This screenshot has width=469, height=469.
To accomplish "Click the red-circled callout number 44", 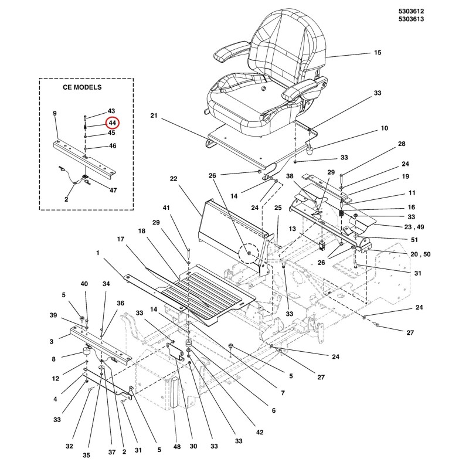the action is [112, 123].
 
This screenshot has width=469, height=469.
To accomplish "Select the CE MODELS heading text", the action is [82, 87].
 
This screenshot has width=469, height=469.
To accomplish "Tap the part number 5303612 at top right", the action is [411, 11].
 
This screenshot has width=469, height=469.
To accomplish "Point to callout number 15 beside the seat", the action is [378, 53].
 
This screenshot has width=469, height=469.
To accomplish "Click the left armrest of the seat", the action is [230, 51].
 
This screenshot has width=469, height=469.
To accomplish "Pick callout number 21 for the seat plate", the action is [154, 115].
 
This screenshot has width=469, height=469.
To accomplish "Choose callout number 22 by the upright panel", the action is [174, 179].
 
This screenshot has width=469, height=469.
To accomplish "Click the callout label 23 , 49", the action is [414, 227].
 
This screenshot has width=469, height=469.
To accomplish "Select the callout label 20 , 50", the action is [420, 254].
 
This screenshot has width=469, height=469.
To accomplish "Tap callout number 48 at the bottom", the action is [177, 447].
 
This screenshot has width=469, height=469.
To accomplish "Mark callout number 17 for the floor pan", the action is [121, 239].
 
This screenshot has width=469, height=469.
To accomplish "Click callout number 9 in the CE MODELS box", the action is [55, 113].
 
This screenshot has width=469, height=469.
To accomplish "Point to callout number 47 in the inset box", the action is [113, 190].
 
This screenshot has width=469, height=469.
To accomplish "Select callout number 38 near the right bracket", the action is [290, 176].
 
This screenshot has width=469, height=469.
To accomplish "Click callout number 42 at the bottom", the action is [260, 432].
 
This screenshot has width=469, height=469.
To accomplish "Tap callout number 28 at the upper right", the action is [402, 144].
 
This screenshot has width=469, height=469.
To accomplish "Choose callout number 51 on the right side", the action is [414, 240].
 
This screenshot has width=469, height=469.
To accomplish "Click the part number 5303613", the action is [411, 19].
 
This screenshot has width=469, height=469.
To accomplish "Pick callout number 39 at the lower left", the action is [53, 315].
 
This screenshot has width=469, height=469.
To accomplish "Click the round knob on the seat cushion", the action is [263, 89].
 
